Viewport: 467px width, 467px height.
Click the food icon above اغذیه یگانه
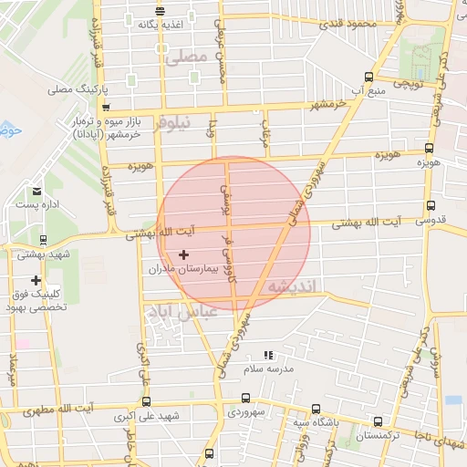(x=160, y=12)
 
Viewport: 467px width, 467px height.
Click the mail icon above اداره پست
(x=36, y=192)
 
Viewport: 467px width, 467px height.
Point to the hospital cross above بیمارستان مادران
(x=184, y=254)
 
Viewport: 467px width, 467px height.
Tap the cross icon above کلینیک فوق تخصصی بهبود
(x=36, y=280)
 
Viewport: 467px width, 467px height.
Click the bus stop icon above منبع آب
(x=368, y=78)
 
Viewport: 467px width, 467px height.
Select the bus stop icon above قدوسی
(x=431, y=206)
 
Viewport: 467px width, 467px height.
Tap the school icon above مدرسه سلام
(x=267, y=354)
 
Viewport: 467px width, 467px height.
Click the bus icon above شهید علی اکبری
(x=145, y=399)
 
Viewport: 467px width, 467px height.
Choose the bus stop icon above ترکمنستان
(x=379, y=420)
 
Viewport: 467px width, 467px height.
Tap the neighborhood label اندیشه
(x=291, y=287)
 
